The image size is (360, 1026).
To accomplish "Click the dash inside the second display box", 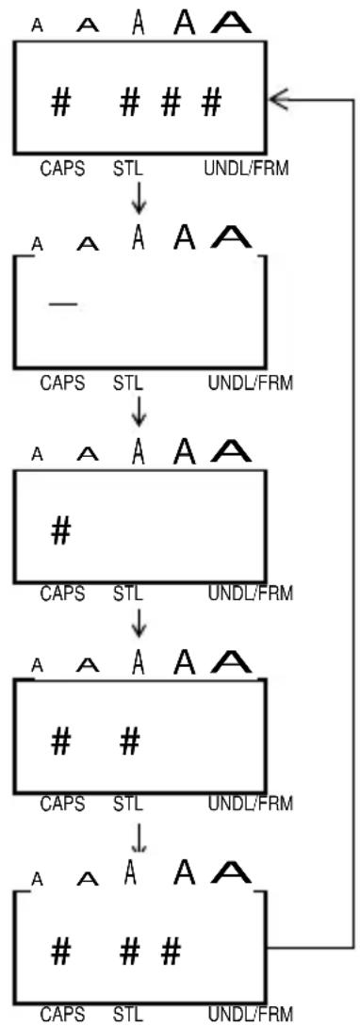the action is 63,303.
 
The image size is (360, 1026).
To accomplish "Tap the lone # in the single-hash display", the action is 60,532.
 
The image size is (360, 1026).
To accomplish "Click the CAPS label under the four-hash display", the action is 63,169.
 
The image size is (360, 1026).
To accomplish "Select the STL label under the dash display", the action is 127,383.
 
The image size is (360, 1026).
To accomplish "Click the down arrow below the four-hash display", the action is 138,198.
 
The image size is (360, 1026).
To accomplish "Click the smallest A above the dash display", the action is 38,244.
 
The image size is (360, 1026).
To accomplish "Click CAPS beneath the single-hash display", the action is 63,594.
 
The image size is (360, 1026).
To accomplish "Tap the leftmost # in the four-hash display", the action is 60,104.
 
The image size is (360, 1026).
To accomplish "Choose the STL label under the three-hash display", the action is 127,1014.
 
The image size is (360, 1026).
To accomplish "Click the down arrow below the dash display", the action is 138,411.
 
